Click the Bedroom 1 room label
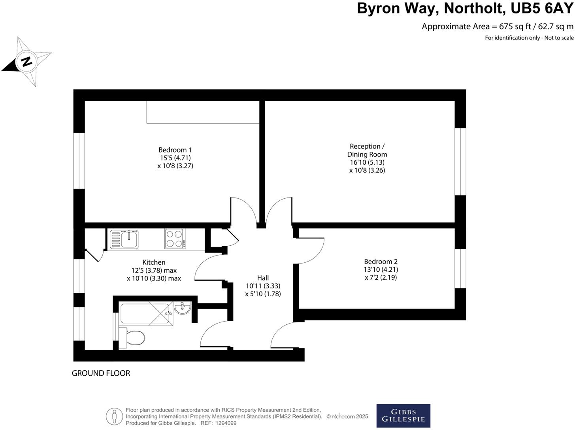coord(175,150)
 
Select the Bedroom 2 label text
coord(381,262)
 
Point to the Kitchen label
coord(154,262)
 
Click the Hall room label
coord(263,278)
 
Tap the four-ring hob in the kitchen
coord(175,239)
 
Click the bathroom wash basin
coord(183,308)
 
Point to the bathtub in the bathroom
coord(146,313)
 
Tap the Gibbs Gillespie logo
coord(403,416)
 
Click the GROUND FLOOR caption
coord(101,373)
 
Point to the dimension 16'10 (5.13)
coord(367,162)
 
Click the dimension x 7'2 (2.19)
coord(381,277)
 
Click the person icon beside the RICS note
coord(114,416)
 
